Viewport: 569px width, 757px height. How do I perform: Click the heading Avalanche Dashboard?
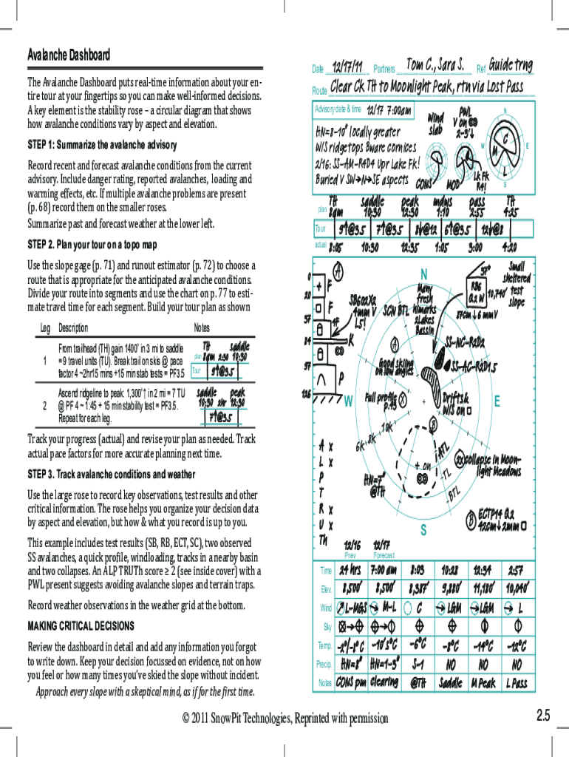69,55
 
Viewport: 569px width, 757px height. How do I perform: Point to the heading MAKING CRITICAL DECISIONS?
81,625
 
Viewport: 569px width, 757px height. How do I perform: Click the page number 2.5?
543,715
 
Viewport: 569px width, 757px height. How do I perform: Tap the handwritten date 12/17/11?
347,67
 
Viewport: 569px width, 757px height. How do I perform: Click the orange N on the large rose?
424,273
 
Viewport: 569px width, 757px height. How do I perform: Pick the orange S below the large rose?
423,530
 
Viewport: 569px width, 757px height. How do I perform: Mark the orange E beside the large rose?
497,401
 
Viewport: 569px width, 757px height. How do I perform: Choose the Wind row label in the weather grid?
326,608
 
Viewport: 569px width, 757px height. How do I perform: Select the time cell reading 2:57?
515,570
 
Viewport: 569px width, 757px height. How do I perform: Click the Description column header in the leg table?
73,328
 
